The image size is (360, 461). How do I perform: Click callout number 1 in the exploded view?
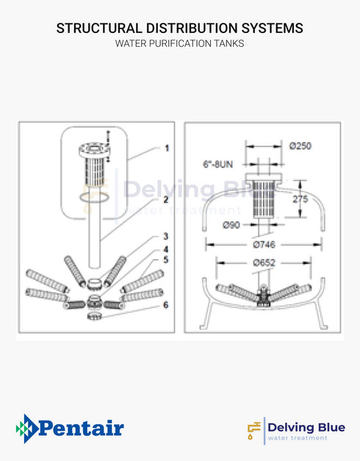coord(167,148)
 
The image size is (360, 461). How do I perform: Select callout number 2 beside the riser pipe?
coord(167,199)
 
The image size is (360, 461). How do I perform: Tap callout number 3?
coord(167,236)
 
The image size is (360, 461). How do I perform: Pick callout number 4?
coord(167,249)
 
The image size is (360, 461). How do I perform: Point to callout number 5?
coord(167,259)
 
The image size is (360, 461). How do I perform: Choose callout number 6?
coord(167,305)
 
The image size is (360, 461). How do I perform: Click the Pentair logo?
coord(70,428)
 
